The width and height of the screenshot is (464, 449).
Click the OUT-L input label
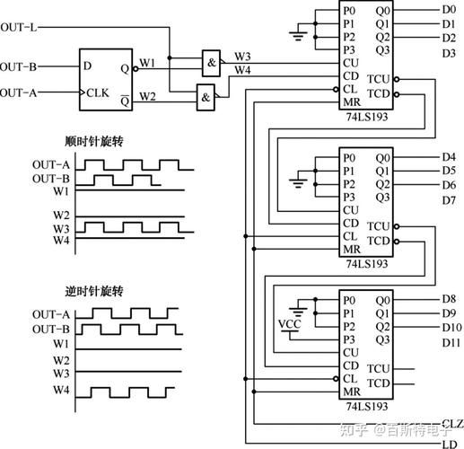point(19,28)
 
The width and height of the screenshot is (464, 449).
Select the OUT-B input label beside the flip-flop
point(19,66)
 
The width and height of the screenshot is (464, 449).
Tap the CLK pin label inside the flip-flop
point(98,92)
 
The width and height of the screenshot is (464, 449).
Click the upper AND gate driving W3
point(211,63)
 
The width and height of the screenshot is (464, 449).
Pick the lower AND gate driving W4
point(206,98)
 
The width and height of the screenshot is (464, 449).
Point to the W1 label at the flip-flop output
point(147,63)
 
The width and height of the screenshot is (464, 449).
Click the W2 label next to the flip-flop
point(147,96)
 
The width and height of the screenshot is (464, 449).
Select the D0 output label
point(449,10)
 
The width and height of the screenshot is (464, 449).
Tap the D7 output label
point(449,200)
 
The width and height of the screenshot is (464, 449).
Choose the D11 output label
point(451,343)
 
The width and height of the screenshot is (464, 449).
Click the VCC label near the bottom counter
point(289,324)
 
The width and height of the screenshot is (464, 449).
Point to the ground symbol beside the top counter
point(298,36)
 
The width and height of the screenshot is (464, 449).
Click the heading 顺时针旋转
point(94,141)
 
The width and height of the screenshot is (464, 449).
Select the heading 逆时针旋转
point(94,291)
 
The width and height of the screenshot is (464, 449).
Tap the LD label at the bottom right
point(450,445)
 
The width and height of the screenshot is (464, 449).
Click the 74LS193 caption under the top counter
point(367,117)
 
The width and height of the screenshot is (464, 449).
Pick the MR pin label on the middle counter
point(352,249)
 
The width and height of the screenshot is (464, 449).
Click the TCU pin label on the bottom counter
point(379,368)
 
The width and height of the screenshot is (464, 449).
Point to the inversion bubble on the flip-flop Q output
point(136,69)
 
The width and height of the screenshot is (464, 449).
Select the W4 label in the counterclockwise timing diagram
point(61,390)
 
